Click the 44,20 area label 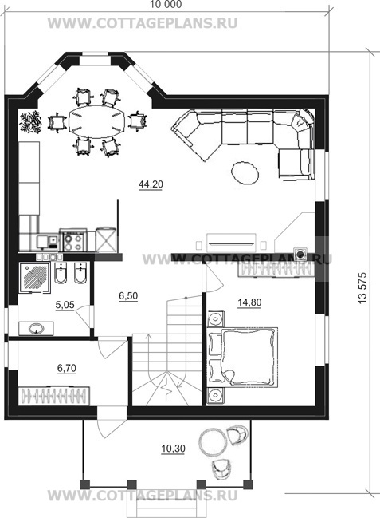coord(151,184)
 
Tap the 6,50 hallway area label coord(128,296)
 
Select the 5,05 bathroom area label coord(65,305)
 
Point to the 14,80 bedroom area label coord(249,302)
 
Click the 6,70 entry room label coord(67,368)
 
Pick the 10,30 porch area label coord(173,449)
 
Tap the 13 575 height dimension coord(362,288)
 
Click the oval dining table coord(96,122)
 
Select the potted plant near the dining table coord(30,122)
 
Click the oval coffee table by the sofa coord(245,173)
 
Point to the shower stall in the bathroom coord(34,277)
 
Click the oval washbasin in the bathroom coord(36,328)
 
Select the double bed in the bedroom coord(244,357)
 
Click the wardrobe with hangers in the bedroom coord(276,269)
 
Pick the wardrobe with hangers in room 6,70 coord(54,395)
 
